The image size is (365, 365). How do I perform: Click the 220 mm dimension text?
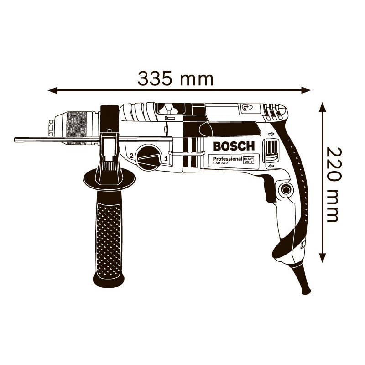pyautogui.click(x=334, y=184)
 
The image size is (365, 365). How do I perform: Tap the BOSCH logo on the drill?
pyautogui.click(x=234, y=146)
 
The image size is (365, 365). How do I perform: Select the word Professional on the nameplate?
pyautogui.click(x=227, y=159)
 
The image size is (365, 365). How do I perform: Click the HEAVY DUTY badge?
pyautogui.click(x=248, y=160)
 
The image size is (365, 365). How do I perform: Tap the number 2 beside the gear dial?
pyautogui.click(x=131, y=156)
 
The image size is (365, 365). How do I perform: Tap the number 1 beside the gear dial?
pyautogui.click(x=166, y=159)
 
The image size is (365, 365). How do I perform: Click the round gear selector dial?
pyautogui.click(x=149, y=157)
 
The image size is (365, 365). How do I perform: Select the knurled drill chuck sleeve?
pyautogui.click(x=76, y=128)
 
